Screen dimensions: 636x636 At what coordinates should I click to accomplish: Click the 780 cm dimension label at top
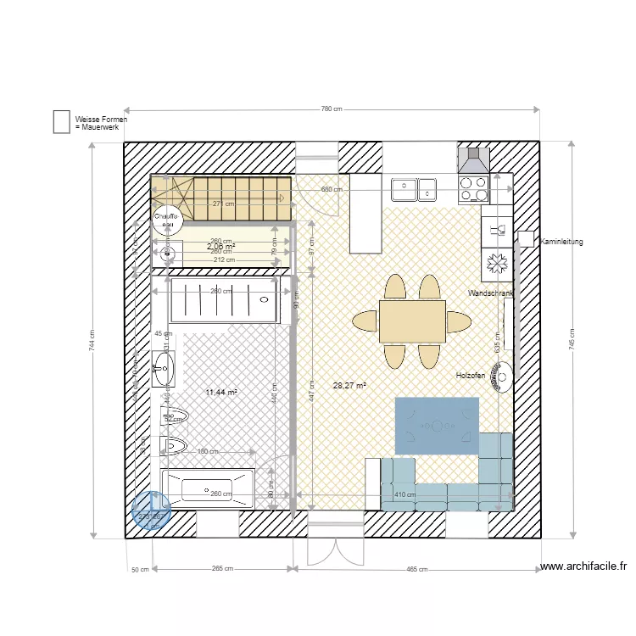click(332, 109)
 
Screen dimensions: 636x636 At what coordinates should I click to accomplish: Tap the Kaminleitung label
click(561, 243)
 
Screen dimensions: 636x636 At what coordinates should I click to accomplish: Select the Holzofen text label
click(471, 375)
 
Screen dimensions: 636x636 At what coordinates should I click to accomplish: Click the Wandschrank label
click(490, 293)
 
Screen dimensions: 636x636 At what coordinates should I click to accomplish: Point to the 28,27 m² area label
click(349, 385)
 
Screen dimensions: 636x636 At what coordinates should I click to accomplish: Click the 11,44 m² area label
click(221, 393)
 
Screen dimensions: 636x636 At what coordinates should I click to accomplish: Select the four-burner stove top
click(472, 187)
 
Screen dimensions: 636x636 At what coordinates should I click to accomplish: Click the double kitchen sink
click(413, 187)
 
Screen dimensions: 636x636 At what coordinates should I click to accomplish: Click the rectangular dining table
click(412, 321)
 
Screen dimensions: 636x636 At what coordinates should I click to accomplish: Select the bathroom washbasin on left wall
click(163, 369)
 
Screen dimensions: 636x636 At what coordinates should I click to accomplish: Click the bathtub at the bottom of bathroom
click(208, 489)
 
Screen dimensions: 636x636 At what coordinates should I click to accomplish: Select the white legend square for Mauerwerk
click(62, 122)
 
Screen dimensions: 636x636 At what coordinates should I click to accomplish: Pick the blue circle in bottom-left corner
click(152, 512)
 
